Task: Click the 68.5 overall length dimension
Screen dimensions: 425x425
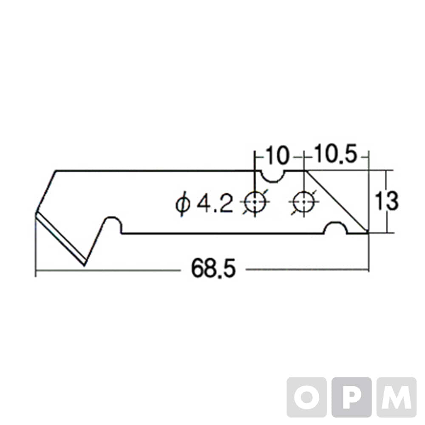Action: point(214,268)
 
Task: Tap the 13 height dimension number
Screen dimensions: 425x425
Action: point(386,201)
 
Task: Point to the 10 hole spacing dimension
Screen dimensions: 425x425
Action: point(276,155)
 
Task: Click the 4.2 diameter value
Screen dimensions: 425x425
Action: point(215,204)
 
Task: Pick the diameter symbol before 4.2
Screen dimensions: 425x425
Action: point(182,204)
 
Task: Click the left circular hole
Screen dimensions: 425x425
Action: point(255,202)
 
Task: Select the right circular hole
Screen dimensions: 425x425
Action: point(304,202)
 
